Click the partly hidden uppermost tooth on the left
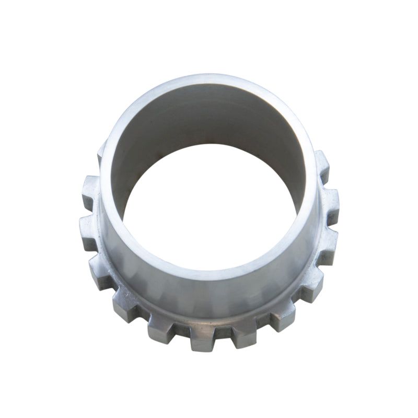[101, 153]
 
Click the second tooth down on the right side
[330, 201]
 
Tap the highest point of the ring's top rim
[209, 78]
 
